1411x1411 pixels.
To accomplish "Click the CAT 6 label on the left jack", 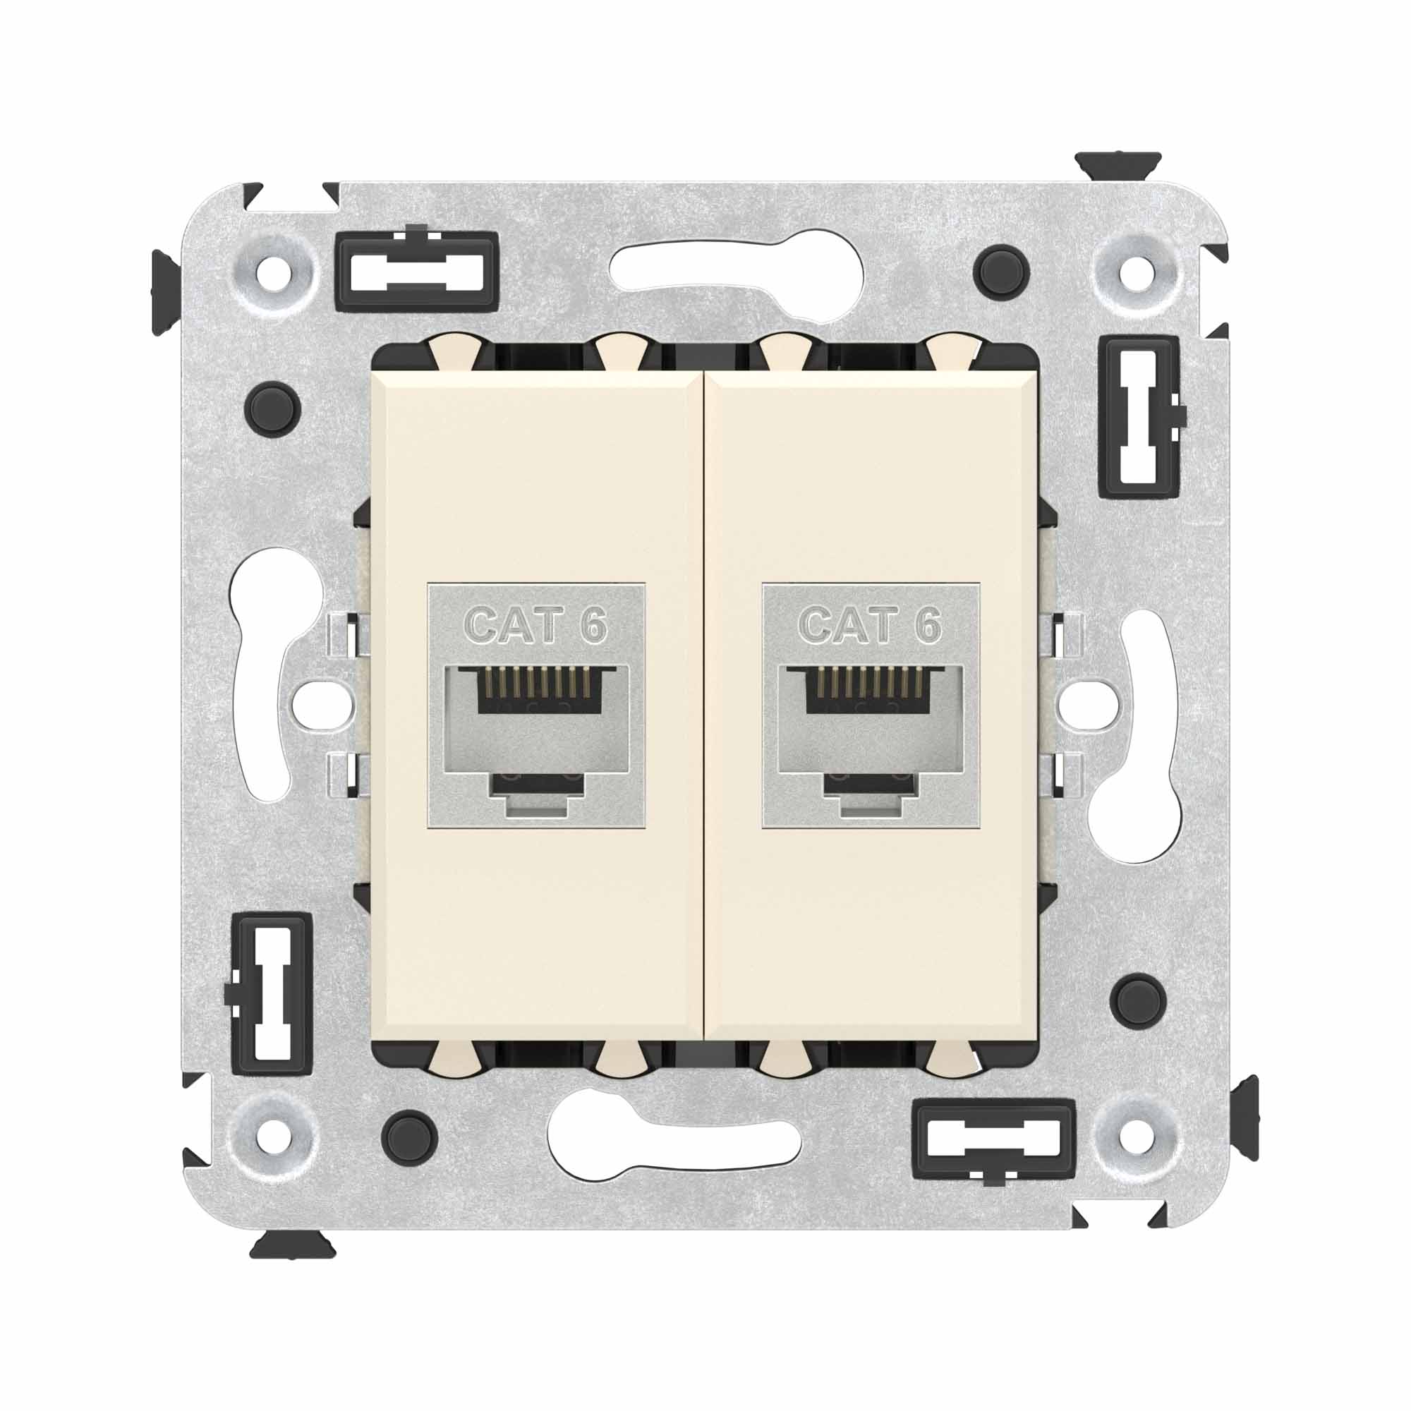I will [x=536, y=625].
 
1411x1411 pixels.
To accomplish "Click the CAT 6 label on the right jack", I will [x=870, y=625].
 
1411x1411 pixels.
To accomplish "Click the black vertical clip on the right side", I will [x=1139, y=417].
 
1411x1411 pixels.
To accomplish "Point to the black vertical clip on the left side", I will [x=272, y=993].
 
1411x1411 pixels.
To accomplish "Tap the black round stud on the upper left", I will [x=273, y=407].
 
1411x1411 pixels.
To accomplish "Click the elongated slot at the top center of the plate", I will [x=738, y=276].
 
